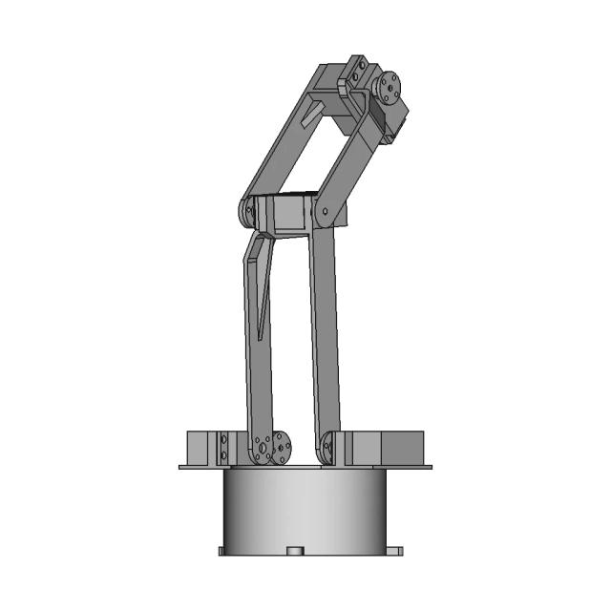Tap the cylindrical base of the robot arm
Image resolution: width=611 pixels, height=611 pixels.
305,511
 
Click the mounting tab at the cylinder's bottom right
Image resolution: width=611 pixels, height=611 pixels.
391,551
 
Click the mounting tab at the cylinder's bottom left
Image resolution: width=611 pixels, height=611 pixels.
221,551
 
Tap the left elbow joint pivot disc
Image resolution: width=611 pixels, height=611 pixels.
248,209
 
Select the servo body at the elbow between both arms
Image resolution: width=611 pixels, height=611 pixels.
286,215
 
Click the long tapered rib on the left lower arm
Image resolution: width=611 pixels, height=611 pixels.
260,286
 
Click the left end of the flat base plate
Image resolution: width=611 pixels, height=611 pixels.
184,467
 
